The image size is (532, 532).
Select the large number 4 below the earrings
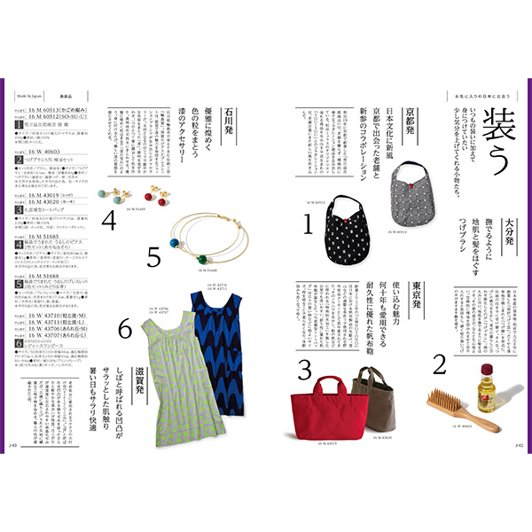pos(109,219)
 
